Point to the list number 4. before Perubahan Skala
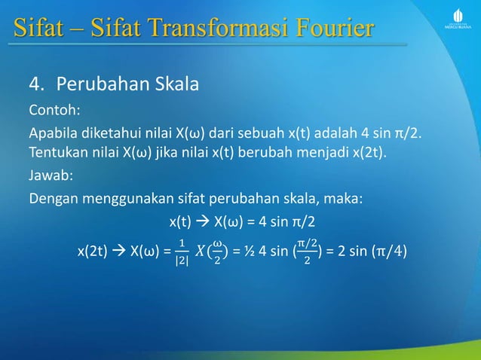(36, 83)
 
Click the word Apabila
(54, 134)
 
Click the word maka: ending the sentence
(345, 200)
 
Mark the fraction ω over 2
(216, 251)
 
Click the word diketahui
(112, 134)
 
